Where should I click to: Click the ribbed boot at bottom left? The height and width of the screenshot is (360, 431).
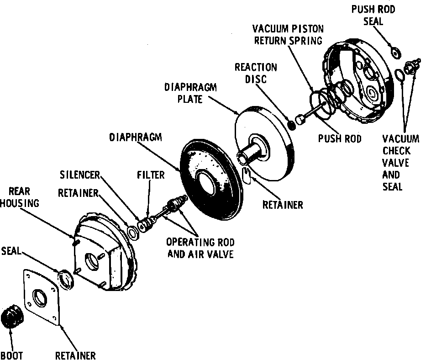click(12, 316)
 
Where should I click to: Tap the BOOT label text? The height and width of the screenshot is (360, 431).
click(11, 355)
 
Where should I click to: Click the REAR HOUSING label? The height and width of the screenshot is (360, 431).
click(19, 197)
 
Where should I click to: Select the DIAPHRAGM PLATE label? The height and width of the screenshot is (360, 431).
click(190, 93)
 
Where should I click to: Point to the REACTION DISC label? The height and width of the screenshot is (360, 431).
click(256, 73)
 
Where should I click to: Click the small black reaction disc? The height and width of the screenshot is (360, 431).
click(292, 125)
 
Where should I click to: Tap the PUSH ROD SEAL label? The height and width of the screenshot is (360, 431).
click(373, 15)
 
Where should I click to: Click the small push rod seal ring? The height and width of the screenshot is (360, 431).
click(395, 53)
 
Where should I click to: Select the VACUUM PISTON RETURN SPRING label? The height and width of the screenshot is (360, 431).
click(288, 35)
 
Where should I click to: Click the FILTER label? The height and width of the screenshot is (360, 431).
click(151, 175)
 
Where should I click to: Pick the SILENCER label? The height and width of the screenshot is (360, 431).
click(80, 175)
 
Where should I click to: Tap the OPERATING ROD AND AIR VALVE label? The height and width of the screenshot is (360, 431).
click(200, 248)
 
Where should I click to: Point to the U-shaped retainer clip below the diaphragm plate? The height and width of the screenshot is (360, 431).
click(246, 175)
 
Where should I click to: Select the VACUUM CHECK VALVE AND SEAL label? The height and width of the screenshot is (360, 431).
click(400, 163)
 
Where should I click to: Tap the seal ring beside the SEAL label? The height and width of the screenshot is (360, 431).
click(65, 279)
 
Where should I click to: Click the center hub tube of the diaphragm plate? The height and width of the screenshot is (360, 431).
click(250, 152)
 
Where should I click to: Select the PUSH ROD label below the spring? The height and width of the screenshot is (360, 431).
click(340, 138)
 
